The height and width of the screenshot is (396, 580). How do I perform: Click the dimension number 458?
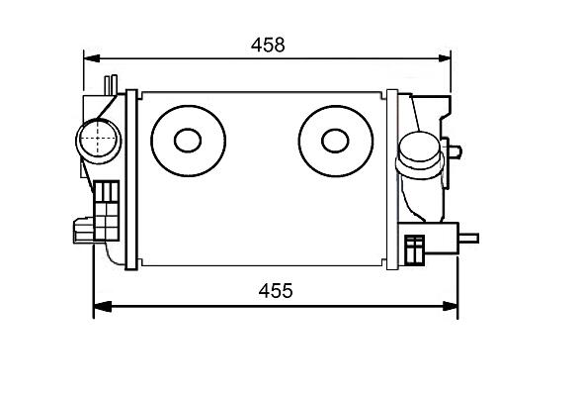pyautogui.click(x=268, y=45)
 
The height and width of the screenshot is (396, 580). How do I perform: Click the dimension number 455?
pyautogui.click(x=276, y=291)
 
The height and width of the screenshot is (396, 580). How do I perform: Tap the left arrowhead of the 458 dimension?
pyautogui.click(x=92, y=58)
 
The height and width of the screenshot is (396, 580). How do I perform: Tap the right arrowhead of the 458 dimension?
pyautogui.click(x=444, y=58)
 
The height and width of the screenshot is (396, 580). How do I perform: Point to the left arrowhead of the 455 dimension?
pyautogui.click(x=103, y=306)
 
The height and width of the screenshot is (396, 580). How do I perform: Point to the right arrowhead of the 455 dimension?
pyautogui.click(x=450, y=306)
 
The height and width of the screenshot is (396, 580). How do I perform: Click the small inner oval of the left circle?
pyautogui.click(x=188, y=141)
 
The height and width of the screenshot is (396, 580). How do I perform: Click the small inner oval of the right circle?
pyautogui.click(x=335, y=141)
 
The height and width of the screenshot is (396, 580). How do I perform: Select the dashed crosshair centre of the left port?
pyautogui.click(x=98, y=139)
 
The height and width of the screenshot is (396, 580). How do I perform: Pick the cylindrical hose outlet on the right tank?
pyautogui.click(x=420, y=155)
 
